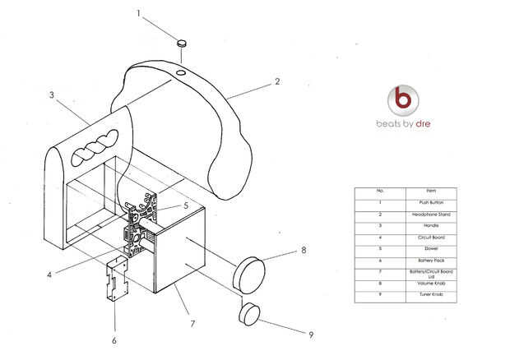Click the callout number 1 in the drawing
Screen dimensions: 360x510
click(x=139, y=14)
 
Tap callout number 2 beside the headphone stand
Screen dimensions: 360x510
click(x=277, y=81)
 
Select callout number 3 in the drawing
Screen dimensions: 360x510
click(x=51, y=95)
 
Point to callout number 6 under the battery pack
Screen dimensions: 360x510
click(x=114, y=340)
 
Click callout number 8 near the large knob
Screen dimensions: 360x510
click(x=303, y=249)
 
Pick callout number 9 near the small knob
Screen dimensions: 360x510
click(x=310, y=334)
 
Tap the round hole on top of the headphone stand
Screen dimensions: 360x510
click(x=181, y=74)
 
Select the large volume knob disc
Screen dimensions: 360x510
click(x=249, y=272)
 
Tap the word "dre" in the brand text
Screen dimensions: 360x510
click(x=423, y=124)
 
